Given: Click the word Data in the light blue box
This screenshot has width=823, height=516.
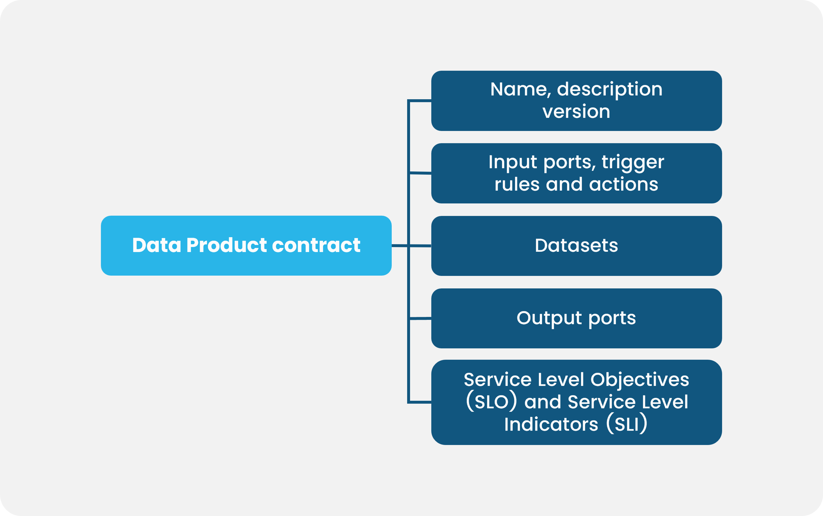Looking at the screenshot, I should click(x=156, y=245).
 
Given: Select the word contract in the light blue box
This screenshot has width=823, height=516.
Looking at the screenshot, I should click(x=316, y=245).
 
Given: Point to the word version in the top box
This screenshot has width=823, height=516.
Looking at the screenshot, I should click(x=576, y=112).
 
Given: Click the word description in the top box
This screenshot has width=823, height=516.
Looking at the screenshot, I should click(x=610, y=90).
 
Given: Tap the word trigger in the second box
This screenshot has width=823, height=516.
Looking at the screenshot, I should click(x=633, y=162).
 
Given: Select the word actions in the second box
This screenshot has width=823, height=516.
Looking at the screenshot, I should click(x=623, y=185).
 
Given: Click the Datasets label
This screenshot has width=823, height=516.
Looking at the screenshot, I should click(x=576, y=246).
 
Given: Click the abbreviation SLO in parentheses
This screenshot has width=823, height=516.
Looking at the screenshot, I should click(x=491, y=402).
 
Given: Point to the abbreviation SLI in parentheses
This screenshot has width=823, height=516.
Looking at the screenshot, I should click(x=626, y=424).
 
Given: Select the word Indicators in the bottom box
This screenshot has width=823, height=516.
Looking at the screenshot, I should click(x=551, y=424).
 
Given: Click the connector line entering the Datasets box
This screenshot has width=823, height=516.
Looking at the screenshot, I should click(x=419, y=246).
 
